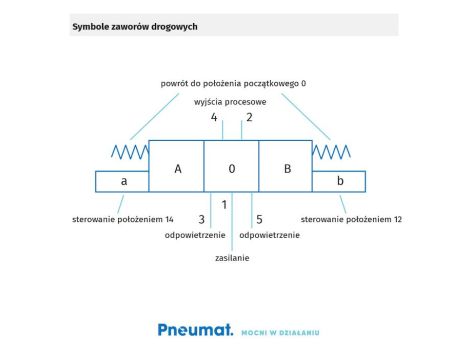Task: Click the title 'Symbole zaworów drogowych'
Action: pos(134,27)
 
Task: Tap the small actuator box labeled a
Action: pos(123,181)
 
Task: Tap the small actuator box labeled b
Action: pos(340,181)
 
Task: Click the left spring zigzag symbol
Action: pos(129,152)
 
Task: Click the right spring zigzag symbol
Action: pos(330,152)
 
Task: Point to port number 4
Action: pos(214,118)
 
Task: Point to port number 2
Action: pos(249,118)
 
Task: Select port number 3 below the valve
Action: pos(201,219)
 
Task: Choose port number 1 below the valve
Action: pos(224,205)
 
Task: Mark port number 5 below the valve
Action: pos(259,219)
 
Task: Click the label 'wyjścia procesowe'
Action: pos(230,102)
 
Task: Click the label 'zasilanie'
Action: pos(232,258)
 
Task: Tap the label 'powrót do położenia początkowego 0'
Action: pos(233,84)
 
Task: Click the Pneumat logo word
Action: pos(194,329)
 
